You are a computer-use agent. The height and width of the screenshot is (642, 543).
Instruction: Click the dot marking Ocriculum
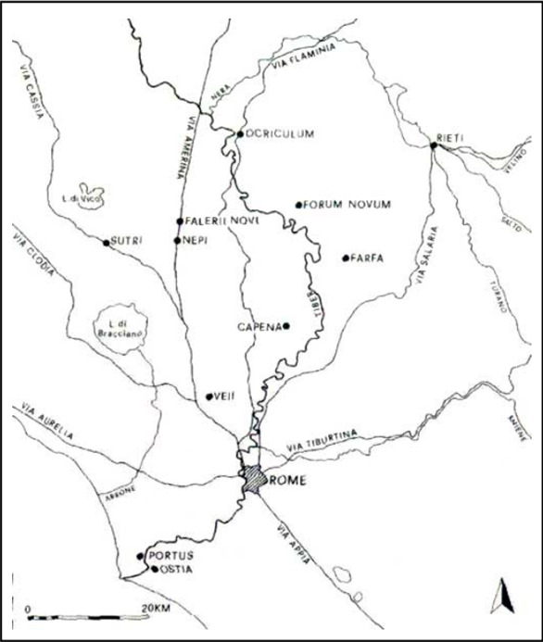click(239, 133)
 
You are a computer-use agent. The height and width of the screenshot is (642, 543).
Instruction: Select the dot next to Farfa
click(345, 258)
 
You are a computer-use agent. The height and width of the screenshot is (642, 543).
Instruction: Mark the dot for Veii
click(208, 397)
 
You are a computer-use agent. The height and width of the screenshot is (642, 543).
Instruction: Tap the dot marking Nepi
click(177, 240)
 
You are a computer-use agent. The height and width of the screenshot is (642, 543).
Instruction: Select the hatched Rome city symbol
click(253, 480)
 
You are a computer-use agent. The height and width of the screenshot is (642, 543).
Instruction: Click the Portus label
click(169, 556)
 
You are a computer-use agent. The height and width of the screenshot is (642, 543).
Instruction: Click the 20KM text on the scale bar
click(157, 609)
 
